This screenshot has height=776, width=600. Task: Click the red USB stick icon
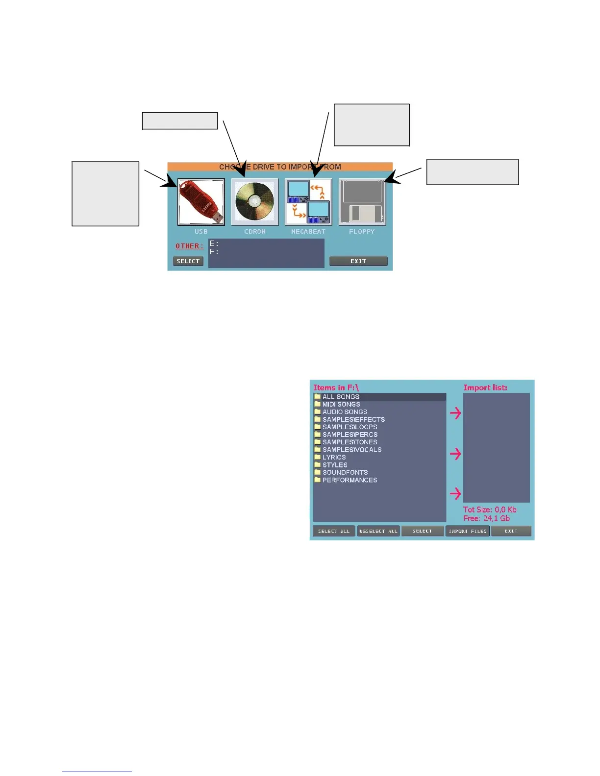[201, 202]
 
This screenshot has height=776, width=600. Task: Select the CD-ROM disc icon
[254, 202]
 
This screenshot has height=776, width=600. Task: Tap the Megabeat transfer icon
[308, 202]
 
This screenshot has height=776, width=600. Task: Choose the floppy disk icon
[362, 202]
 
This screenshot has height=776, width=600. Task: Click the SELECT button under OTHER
[188, 261]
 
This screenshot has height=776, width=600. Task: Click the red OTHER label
[189, 246]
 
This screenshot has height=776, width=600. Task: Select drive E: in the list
[214, 243]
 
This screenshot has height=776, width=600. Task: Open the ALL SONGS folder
[341, 397]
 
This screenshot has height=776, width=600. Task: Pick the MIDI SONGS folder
[341, 404]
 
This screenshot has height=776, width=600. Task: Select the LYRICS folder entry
[334, 457]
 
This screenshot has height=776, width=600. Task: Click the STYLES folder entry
[335, 465]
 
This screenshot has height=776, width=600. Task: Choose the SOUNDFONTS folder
[345, 472]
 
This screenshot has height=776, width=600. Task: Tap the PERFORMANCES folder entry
[350, 480]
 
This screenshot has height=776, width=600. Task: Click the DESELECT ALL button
[378, 531]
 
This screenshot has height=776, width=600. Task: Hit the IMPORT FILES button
[468, 531]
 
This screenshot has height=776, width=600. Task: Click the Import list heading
[485, 388]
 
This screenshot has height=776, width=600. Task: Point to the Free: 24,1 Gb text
[486, 518]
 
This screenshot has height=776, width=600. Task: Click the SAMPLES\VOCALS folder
[351, 450]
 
